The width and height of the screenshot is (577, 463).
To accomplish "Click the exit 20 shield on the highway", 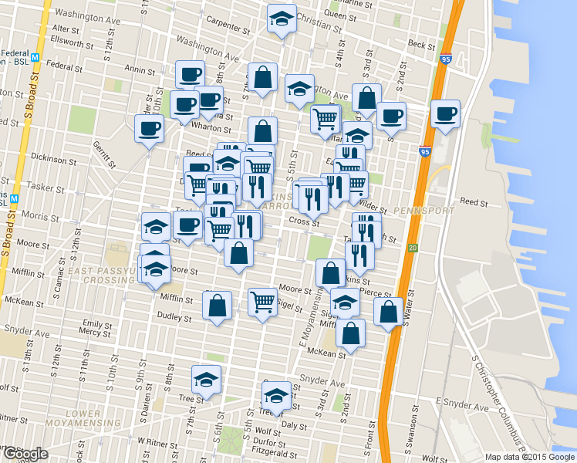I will (413, 248).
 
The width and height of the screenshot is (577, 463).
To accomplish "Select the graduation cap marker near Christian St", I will (282, 19).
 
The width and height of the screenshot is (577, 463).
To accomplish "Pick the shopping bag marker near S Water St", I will (388, 312).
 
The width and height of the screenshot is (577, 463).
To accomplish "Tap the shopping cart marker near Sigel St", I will (263, 302).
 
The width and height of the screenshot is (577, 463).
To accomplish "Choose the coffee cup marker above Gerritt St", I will (149, 128).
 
